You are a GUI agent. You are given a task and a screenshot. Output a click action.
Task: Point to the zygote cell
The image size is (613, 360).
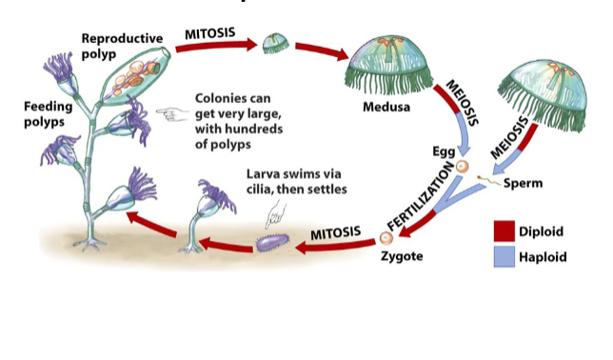tap(386, 236)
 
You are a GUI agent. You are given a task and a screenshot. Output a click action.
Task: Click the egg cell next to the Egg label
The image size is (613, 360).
tap(462, 167)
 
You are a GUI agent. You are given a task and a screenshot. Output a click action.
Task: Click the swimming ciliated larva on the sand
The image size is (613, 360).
tap(270, 245)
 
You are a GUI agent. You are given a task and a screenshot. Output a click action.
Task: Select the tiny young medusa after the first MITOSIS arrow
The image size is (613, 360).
tap(275, 44)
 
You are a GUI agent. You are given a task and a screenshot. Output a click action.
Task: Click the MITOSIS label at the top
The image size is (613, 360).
tap(209, 32)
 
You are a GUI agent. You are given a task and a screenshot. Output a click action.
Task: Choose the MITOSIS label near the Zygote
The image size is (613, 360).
tap(336, 233)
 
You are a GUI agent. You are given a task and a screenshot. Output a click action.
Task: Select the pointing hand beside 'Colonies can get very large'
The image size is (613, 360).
tap(171, 114)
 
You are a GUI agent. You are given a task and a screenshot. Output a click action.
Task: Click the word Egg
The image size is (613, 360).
tap(444, 150)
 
